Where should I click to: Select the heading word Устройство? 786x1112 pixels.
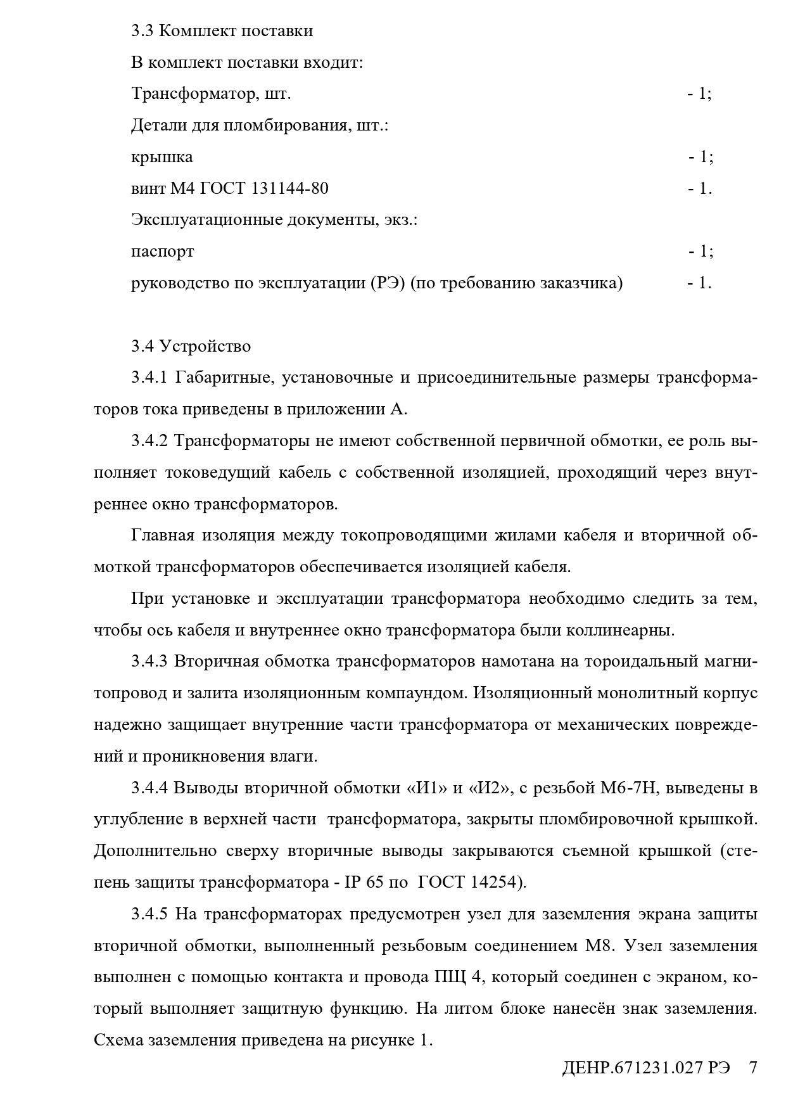coord(205,347)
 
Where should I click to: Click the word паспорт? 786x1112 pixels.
coord(162,252)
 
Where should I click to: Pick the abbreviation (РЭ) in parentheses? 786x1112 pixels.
coord(387,283)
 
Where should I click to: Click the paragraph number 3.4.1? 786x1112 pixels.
coord(149,378)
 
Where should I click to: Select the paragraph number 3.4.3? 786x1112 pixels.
coord(149,661)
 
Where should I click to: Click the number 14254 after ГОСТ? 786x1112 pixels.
coord(495,883)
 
